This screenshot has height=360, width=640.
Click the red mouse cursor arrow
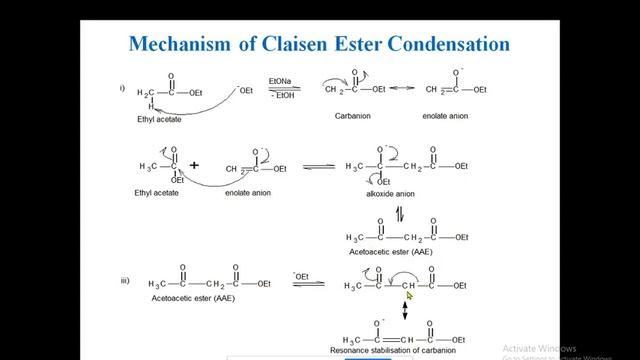(410, 296)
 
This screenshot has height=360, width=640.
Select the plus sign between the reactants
(195, 165)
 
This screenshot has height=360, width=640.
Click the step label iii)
(125, 281)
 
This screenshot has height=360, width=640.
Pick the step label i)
(122, 88)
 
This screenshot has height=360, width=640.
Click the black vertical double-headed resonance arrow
(404, 313)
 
